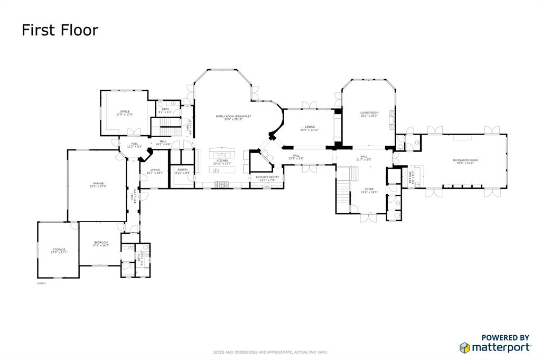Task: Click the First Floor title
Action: [60, 30]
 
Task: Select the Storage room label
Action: [59, 250]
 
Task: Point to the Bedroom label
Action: [100, 243]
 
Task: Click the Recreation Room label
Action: [465, 161]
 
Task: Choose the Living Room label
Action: [369, 113]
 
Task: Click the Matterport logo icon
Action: [464, 347]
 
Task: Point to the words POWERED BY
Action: [505, 338]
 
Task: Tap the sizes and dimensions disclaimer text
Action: [270, 352]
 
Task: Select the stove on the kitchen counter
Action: [222, 184]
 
